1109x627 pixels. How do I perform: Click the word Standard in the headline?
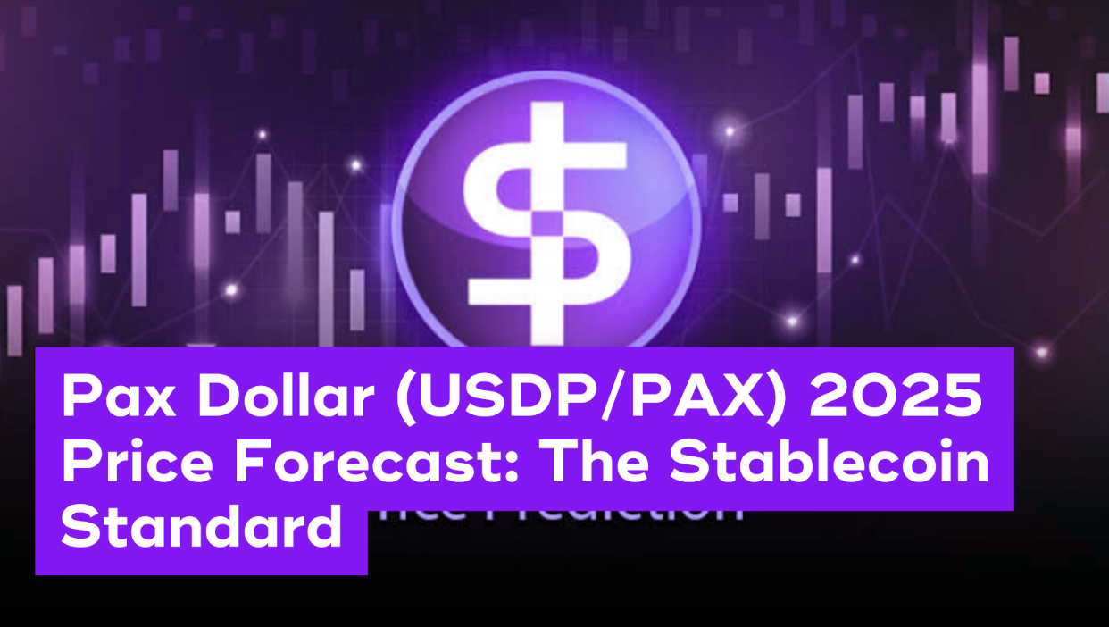point(201,529)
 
